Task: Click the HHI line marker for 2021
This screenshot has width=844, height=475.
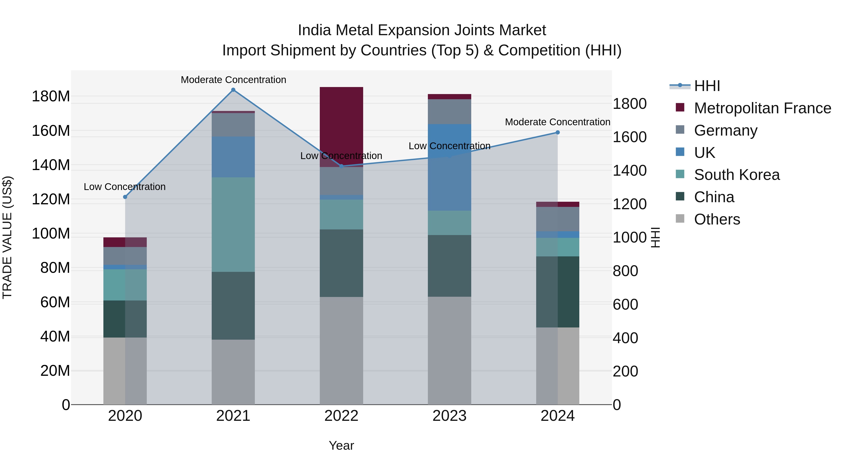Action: click(233, 90)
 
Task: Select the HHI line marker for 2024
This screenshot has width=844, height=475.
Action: click(558, 133)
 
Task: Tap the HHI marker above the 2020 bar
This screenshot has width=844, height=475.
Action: click(125, 197)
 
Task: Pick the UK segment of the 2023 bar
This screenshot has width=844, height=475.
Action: click(449, 167)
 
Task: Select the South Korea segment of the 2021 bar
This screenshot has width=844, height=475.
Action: click(233, 224)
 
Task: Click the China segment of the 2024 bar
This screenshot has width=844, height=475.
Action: click(558, 292)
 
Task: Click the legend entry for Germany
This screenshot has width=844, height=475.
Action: click(725, 130)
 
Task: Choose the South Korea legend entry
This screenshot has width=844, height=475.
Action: click(737, 175)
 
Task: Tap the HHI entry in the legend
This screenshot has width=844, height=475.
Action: click(707, 86)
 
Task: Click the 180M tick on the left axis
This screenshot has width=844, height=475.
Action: click(51, 96)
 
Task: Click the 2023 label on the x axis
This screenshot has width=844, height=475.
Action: click(449, 416)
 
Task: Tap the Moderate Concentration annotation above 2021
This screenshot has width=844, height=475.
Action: click(233, 80)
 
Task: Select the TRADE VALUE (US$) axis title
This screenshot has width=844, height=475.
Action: click(7, 237)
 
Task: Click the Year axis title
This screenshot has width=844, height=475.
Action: click(341, 445)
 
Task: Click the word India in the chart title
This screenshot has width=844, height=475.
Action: click(315, 30)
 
